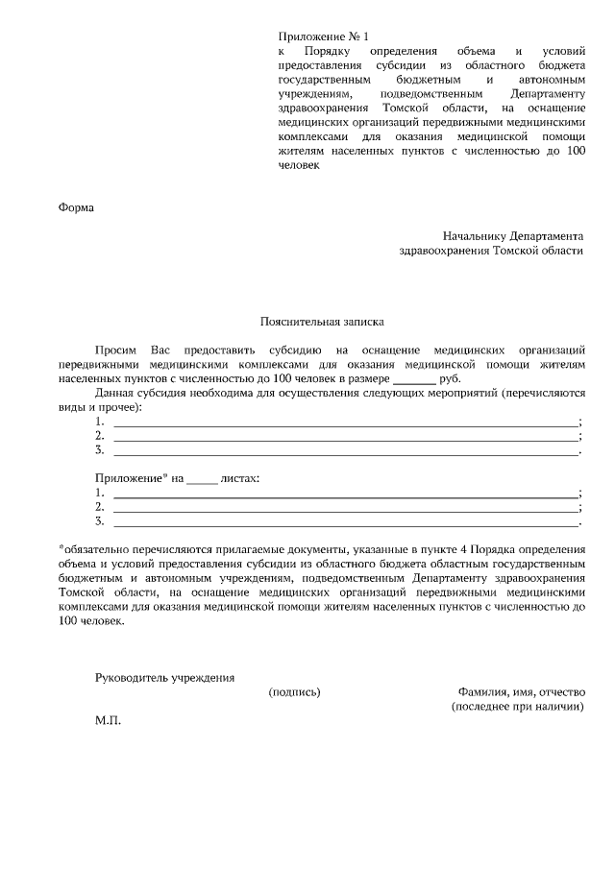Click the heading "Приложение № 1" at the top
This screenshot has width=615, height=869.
tap(322, 36)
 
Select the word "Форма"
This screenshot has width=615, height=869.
tap(77, 207)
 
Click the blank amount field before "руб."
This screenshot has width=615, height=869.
tap(414, 380)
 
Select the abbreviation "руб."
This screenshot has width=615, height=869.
tap(450, 379)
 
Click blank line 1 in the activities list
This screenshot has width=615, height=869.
tap(346, 422)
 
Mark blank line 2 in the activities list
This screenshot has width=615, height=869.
tap(346, 436)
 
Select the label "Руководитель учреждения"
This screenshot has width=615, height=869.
tap(164, 678)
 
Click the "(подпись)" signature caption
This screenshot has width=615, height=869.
tap(295, 691)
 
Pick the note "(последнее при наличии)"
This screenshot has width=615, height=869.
tap(517, 706)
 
